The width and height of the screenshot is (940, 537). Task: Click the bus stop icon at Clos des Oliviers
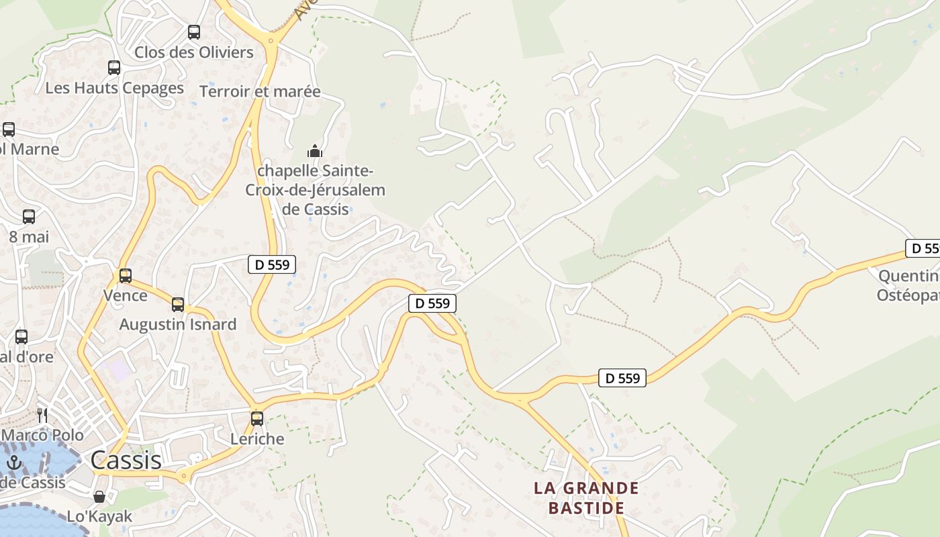(x=194, y=32)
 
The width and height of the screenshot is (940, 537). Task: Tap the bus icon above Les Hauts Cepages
(x=114, y=67)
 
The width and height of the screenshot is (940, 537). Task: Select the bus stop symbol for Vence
(x=125, y=275)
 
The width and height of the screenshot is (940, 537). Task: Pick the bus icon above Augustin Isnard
(x=178, y=304)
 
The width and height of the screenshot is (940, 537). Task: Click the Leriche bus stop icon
(x=257, y=419)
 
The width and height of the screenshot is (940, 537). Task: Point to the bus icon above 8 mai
(x=29, y=216)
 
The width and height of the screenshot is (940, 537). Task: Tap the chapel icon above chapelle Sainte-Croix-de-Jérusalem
(x=315, y=151)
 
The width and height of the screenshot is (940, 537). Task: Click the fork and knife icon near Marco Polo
(x=42, y=415)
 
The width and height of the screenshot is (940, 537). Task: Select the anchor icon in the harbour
(x=14, y=462)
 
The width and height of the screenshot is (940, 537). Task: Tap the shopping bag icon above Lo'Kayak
(x=99, y=497)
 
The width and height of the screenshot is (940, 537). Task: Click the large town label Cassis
(x=126, y=460)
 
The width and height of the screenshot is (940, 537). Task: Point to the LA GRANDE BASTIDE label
(x=587, y=497)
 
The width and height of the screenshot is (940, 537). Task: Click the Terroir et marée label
(x=261, y=91)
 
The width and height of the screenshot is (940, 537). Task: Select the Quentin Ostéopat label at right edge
(x=908, y=286)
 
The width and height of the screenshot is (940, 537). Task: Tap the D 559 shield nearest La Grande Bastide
(x=622, y=378)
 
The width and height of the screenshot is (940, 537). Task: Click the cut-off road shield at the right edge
(x=923, y=248)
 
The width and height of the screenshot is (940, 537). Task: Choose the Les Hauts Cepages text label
(x=114, y=88)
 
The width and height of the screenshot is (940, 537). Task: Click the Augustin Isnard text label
(x=178, y=324)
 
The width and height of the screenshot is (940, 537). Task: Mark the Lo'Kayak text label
(x=99, y=516)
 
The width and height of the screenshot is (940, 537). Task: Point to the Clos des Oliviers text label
(x=194, y=52)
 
